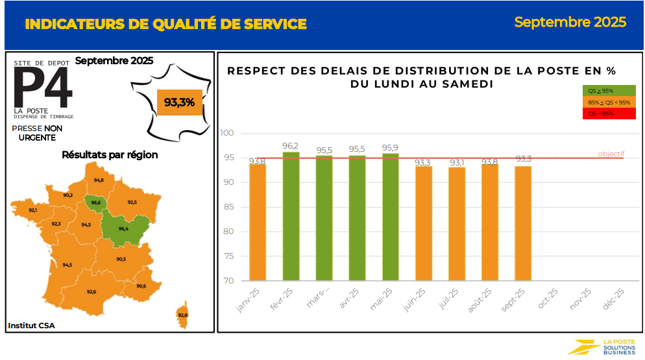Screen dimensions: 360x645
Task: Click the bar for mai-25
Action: coord(390,217)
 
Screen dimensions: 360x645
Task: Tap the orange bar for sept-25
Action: coord(523,223)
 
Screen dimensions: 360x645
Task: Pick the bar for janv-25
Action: coord(258,222)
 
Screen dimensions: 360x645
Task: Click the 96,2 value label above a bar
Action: coord(291,146)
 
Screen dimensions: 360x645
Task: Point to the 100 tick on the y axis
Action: coord(227,134)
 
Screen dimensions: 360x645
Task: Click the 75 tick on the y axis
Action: coord(228,256)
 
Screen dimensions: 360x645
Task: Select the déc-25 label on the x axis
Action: coord(613,299)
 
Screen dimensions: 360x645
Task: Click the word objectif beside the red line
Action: coord(611,154)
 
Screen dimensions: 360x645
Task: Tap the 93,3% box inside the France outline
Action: coord(179,102)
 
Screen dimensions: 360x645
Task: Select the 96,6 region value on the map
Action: coord(96,203)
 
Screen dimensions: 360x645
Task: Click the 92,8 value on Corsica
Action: coord(182,315)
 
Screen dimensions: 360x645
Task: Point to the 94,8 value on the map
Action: coord(98,180)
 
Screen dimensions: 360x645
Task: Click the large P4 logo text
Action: coord(43,88)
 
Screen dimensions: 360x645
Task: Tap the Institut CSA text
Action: coord(31,325)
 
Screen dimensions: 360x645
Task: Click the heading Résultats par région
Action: coord(110,155)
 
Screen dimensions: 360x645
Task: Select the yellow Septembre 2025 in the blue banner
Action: coord(570,22)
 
